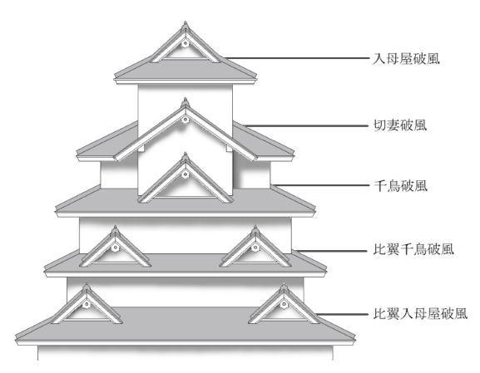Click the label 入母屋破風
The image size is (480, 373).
click(406, 59)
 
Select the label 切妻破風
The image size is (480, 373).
click(400, 125)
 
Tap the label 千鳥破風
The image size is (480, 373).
click(400, 185)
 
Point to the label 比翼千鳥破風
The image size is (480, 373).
click(413, 249)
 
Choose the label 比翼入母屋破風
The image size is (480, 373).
click(420, 313)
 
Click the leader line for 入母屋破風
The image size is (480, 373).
click(296, 58)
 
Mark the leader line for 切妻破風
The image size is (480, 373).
click(306, 125)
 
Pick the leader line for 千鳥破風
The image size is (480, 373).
click(321, 185)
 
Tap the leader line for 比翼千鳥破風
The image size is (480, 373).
click(330, 251)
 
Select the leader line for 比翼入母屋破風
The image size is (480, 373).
click(342, 314)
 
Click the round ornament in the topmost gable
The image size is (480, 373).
click(185, 44)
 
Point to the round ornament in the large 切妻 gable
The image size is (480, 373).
click(185, 120)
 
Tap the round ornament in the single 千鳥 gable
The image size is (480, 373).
click(185, 174)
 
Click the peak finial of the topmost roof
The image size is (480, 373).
click(186, 25)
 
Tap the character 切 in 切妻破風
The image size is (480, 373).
click(380, 125)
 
